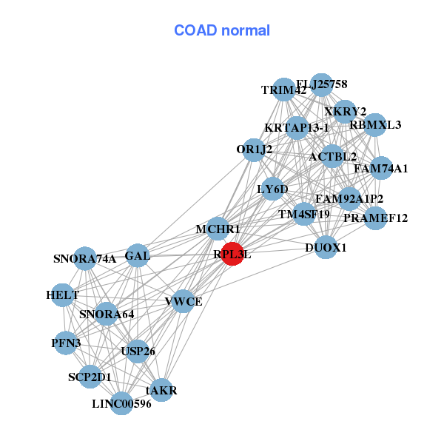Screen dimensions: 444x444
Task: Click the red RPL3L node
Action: pos(232,254)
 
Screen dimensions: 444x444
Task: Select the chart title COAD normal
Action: pos(222,30)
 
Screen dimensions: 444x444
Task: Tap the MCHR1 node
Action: pos(218,229)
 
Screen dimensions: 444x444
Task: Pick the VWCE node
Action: pos(184,302)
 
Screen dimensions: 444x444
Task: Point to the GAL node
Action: pos(138,256)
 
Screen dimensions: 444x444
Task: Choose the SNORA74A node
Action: pos(85,259)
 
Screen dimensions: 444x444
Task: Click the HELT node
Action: pos(63,295)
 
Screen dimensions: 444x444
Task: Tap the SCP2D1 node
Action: pos(90,377)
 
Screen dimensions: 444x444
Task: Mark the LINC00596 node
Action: pos(122,403)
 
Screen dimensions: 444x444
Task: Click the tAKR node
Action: pos(161,390)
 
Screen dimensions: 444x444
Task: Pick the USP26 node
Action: pos(138,351)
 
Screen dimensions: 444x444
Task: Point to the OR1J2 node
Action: pos(255,149)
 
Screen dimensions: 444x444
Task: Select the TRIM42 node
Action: pos(284,90)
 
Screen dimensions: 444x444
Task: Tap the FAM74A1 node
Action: pos(380,169)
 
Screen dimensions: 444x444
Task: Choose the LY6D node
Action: pos(272,189)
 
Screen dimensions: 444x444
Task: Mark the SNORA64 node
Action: pos(107,314)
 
